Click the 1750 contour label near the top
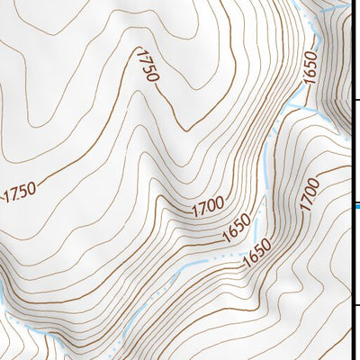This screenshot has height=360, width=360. (146, 66)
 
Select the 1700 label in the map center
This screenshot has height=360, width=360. (207, 206)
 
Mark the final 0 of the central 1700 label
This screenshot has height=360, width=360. (219, 201)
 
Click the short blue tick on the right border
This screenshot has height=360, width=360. (355, 206)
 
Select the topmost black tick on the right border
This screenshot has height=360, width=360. (355, 101)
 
